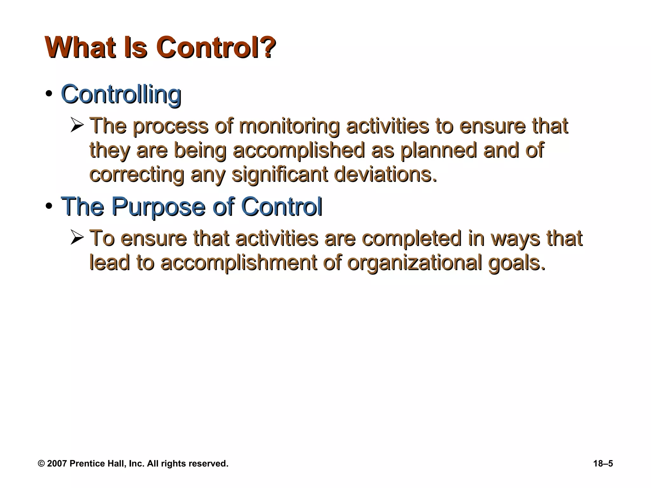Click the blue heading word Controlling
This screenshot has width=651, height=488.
coord(121,94)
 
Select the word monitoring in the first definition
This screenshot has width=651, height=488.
coord(289,126)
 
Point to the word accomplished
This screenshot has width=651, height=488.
coord(298,151)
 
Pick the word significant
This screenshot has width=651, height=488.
coord(280,174)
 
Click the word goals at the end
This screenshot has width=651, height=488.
coord(517,263)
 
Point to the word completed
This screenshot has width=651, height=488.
coord(411,239)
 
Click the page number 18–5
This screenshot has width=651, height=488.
coord(603,464)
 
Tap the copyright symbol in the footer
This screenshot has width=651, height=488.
coord(41,464)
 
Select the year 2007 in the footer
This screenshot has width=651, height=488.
coord(57,464)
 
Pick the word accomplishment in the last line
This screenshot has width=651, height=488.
coord(238,263)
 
